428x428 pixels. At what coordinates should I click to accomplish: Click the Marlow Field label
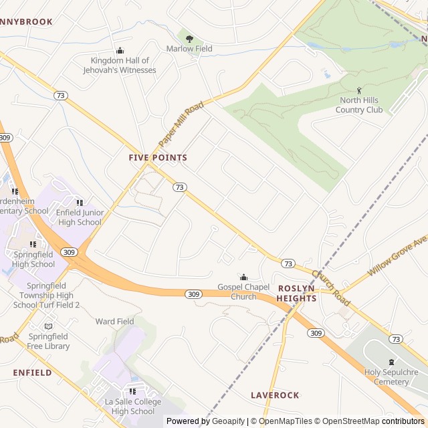(189, 49)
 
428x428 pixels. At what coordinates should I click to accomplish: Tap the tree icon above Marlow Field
(189, 39)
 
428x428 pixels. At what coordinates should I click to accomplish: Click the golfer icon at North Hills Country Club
(359, 90)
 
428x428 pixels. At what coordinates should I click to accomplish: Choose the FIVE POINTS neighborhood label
(158, 158)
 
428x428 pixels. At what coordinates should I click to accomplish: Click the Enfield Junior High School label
(80, 217)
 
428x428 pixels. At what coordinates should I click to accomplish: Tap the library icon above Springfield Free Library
(47, 326)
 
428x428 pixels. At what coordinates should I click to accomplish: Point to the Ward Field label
(114, 322)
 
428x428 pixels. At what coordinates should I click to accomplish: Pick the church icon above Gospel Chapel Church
(243, 278)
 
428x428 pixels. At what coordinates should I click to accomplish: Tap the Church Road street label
(330, 284)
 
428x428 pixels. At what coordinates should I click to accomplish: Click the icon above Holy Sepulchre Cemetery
(391, 362)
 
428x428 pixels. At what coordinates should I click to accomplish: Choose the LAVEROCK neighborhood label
(275, 395)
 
